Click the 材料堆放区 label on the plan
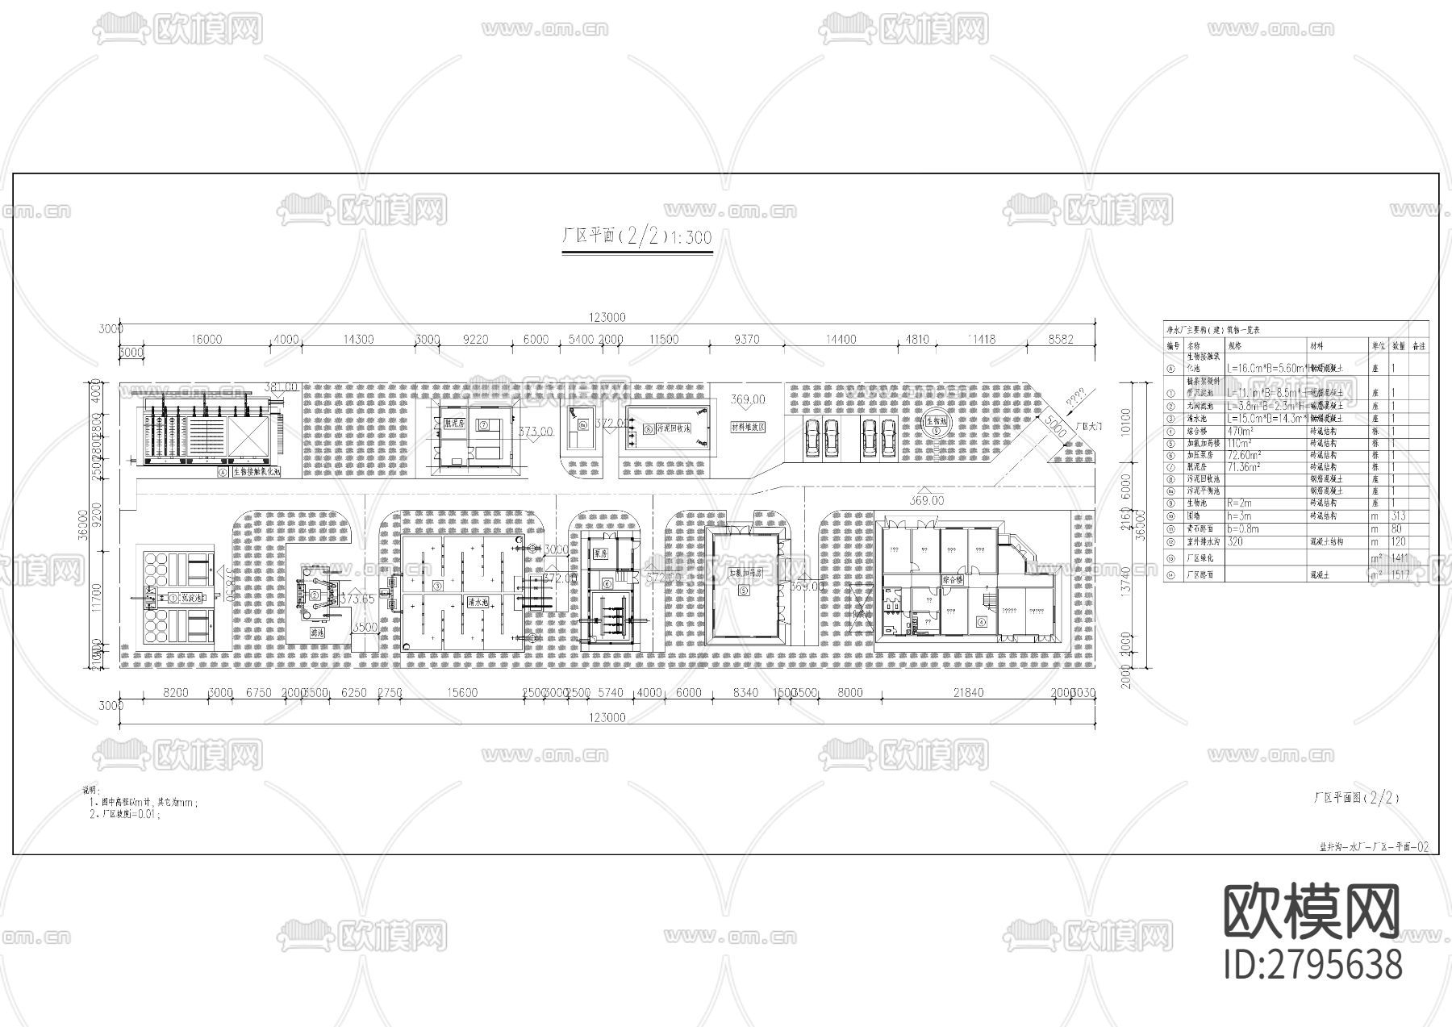click(747, 427)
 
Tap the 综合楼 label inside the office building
click(954, 579)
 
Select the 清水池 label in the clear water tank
click(475, 602)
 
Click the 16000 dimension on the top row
click(207, 340)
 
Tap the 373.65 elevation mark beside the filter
click(357, 599)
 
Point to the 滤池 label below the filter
click(318, 633)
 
